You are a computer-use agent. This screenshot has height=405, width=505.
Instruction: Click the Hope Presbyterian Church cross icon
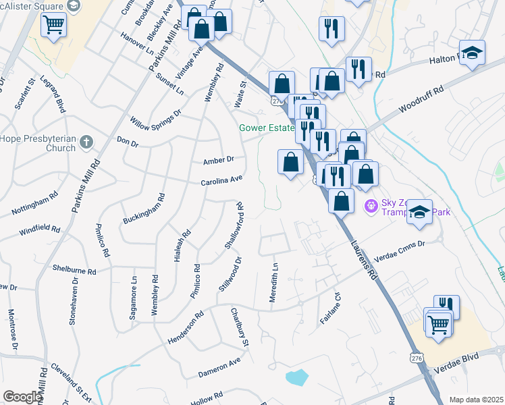point(85,142)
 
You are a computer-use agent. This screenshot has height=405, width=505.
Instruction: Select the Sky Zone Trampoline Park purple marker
point(370,205)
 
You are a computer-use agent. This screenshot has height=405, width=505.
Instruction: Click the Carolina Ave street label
point(221,182)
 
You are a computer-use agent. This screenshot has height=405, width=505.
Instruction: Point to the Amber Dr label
point(218,160)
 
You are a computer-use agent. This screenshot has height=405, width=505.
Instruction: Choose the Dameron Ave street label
point(219,367)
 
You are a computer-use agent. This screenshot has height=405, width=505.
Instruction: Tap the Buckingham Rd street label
point(144,210)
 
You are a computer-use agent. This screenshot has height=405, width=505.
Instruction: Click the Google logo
point(22,397)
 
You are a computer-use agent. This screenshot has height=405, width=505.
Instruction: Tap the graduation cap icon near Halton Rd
point(472,51)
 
